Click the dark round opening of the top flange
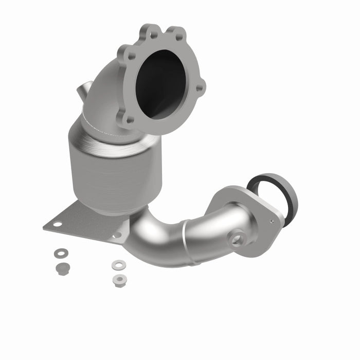click(x=160, y=82)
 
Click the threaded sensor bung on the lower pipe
click(x=237, y=239)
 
